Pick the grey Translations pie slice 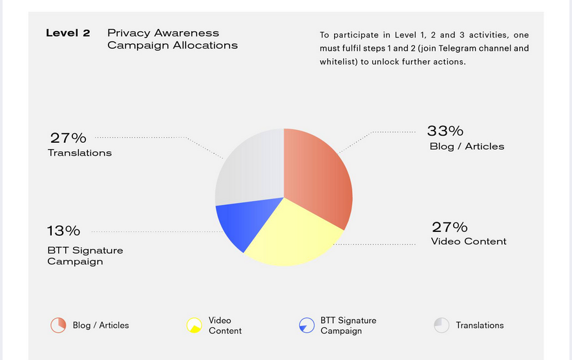point(249,168)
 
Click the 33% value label point(445,131)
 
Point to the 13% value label point(63,231)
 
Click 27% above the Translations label point(68,138)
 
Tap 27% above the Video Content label point(449,227)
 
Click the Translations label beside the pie point(79,153)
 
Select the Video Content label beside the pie point(469,242)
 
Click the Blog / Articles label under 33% point(467,147)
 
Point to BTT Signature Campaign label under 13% point(85,256)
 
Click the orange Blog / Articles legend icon point(58,325)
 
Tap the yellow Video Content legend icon point(194,325)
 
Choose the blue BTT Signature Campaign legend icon point(307,325)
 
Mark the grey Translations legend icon point(441,325)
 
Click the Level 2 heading point(68,33)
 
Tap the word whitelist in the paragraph point(335,62)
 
